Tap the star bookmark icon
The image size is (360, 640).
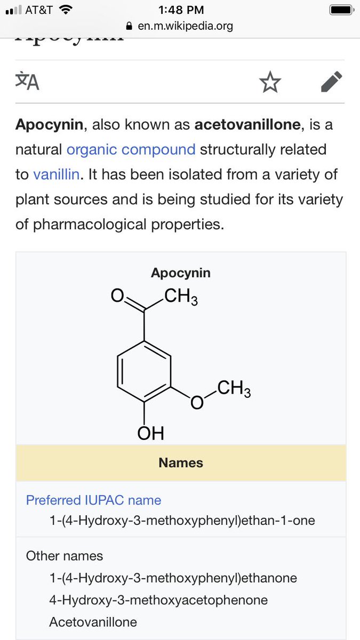pyautogui.click(x=270, y=83)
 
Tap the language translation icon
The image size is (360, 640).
pyautogui.click(x=27, y=82)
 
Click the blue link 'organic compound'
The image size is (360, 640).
pyautogui.click(x=131, y=149)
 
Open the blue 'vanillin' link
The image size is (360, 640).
pyautogui.click(x=56, y=174)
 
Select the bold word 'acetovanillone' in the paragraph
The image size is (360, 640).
pyautogui.click(x=248, y=125)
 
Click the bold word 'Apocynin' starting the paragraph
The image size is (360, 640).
pyautogui.click(x=49, y=125)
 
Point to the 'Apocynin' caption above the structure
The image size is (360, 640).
pyautogui.click(x=181, y=273)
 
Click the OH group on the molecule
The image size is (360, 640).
pyautogui.click(x=150, y=433)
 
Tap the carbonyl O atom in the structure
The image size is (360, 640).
pyautogui.click(x=117, y=295)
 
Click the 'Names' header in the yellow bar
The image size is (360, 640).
pyautogui.click(x=181, y=462)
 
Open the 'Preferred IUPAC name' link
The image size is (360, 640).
pyautogui.click(x=93, y=500)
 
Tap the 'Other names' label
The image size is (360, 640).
pyautogui.click(x=65, y=556)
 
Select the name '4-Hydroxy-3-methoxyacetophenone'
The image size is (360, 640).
pyautogui.click(x=158, y=600)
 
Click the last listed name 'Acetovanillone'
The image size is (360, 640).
pyautogui.click(x=93, y=622)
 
